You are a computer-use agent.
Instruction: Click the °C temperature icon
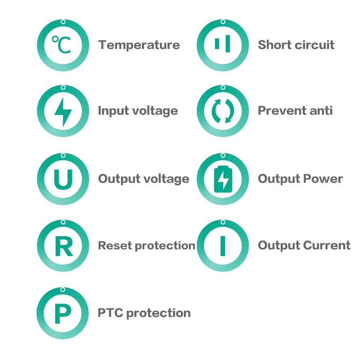(62, 45)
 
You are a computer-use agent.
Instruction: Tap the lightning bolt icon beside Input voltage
(63, 112)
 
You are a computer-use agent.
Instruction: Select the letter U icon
(63, 179)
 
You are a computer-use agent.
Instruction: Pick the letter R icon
(63, 246)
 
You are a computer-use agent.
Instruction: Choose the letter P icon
(62, 314)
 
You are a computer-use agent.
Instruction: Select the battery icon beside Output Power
(223, 179)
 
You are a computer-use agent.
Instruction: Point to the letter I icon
(223, 246)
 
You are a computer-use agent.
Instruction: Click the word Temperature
(139, 45)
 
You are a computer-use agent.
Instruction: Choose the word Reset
(115, 245)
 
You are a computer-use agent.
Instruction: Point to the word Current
(328, 245)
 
